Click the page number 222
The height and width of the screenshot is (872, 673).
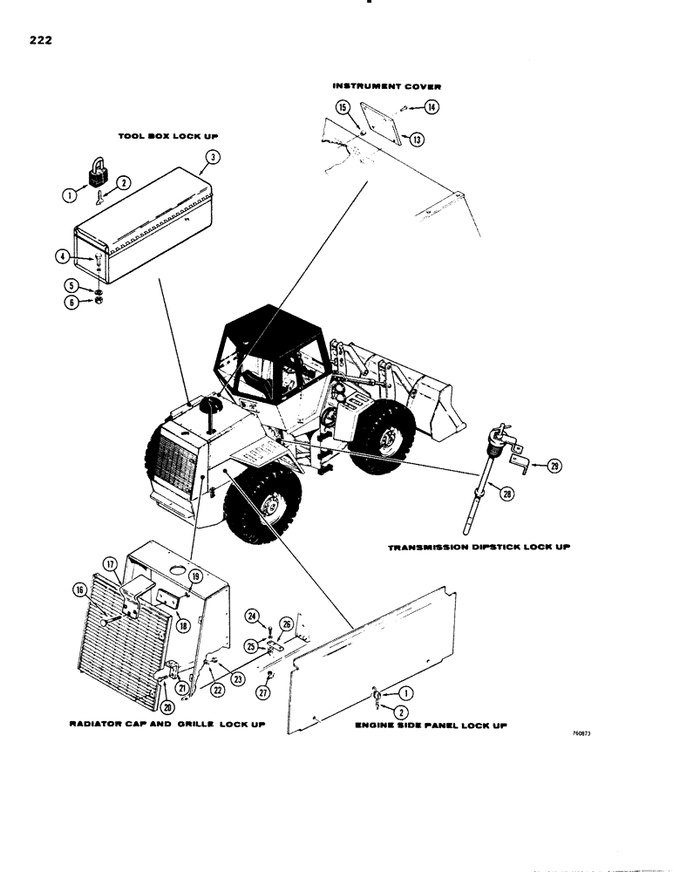tap(40, 40)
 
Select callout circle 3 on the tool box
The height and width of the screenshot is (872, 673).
tap(212, 158)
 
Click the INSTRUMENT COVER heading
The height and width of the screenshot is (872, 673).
tap(387, 87)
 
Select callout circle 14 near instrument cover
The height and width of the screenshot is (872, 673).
tap(431, 107)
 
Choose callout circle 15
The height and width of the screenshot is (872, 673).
tap(343, 107)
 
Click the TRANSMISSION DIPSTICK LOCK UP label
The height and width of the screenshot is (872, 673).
tap(481, 548)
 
